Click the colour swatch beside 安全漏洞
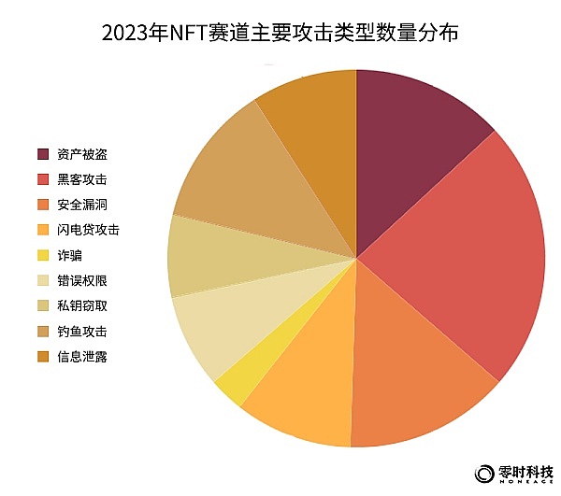pyautogui.click(x=44, y=204)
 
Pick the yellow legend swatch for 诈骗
pyautogui.click(x=44, y=254)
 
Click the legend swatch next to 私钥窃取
pyautogui.click(x=44, y=305)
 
